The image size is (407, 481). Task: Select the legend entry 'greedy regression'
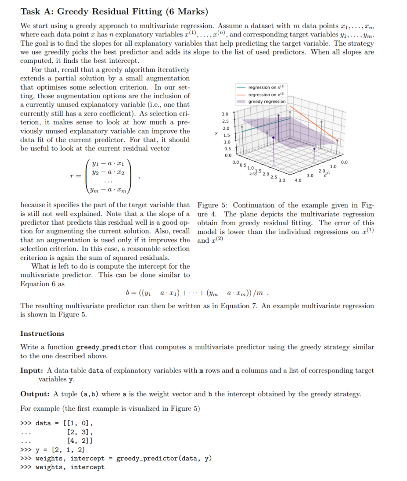(267, 102)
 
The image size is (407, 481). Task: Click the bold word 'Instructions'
(42, 333)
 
